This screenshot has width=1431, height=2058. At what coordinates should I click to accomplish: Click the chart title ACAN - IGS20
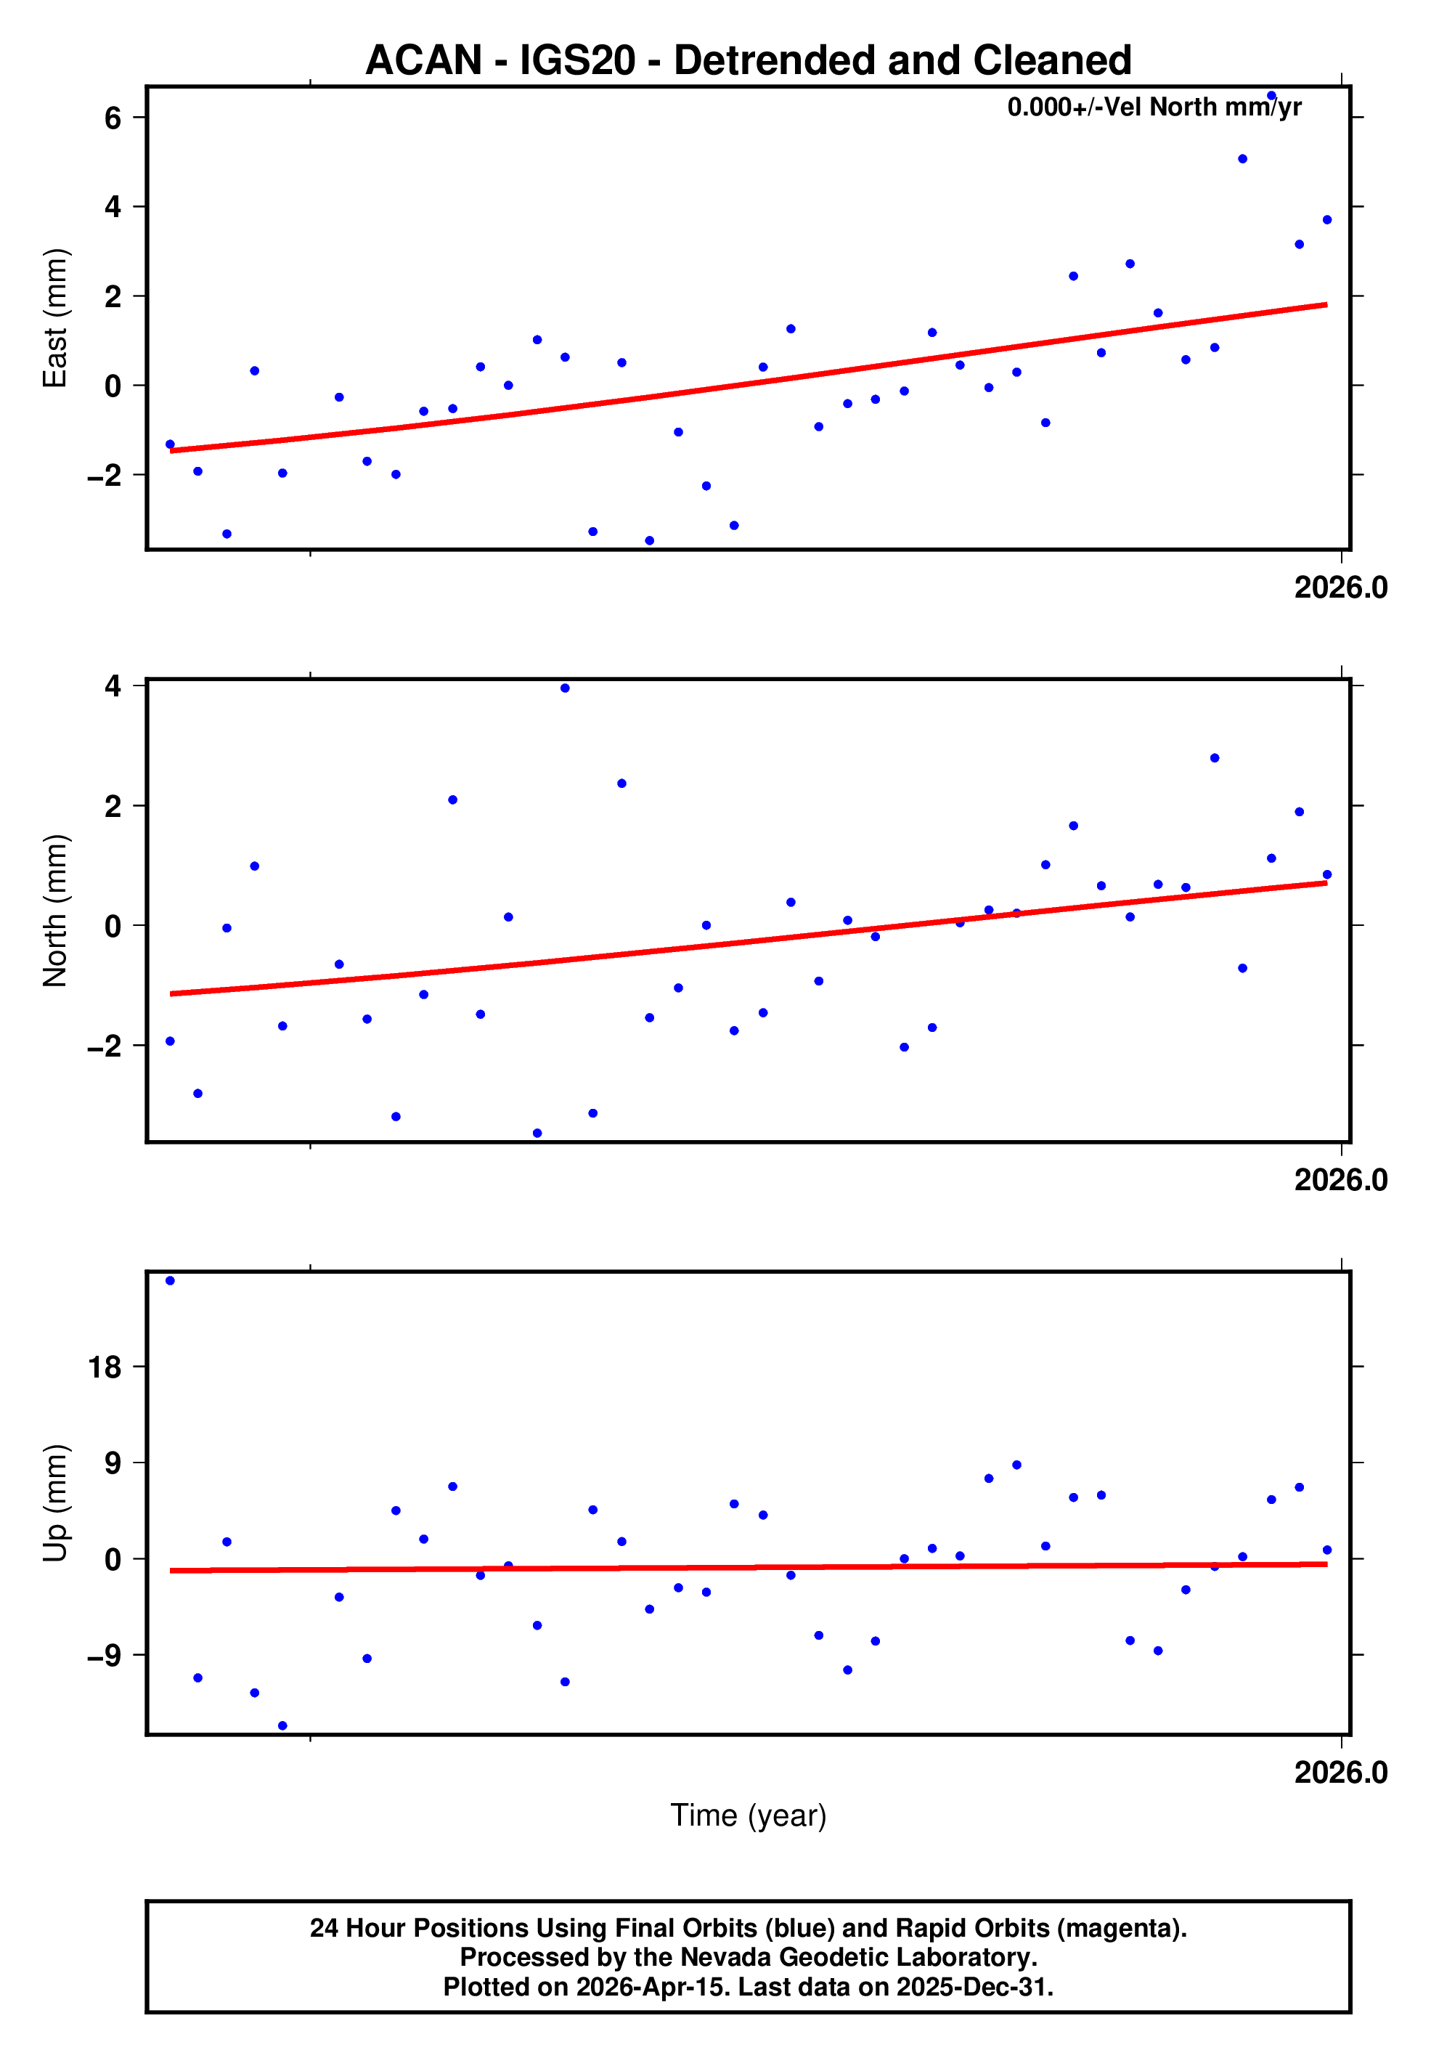coord(749,60)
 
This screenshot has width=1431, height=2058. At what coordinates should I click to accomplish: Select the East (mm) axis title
coord(56,318)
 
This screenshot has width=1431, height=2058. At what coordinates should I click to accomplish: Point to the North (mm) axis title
coord(56,910)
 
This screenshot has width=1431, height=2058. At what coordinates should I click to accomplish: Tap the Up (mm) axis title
coord(56,1503)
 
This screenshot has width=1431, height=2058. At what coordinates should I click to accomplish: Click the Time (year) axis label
coord(749,1815)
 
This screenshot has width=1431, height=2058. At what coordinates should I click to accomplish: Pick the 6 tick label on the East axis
coord(113,118)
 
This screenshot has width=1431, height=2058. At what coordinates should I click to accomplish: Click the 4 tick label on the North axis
coord(113,686)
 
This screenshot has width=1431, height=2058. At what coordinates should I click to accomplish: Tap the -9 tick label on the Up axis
coord(104,1655)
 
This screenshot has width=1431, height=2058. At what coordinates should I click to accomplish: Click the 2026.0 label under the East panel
coord(1340,588)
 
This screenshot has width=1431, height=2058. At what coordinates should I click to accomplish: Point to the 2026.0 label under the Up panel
coord(1340,1772)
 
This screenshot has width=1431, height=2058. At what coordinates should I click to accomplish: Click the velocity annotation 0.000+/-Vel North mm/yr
coord(1154,107)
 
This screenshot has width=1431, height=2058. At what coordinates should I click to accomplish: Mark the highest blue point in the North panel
coord(565,688)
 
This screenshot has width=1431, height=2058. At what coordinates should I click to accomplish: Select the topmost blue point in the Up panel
coord(170,1281)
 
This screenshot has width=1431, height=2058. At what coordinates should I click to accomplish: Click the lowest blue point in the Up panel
coord(282,1725)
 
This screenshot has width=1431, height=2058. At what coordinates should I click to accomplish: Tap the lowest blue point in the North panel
coord(537,1133)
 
